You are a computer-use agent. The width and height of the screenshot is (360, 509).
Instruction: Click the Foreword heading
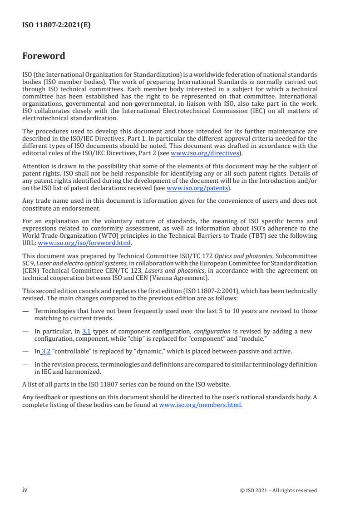point(44,56)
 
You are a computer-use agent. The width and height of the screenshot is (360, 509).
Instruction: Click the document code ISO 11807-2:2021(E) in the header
point(56,25)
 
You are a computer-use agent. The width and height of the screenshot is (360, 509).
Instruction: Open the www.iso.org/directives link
point(205,153)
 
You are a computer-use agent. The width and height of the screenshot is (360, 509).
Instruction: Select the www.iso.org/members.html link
point(200,405)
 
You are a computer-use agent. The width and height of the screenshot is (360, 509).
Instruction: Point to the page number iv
point(25,490)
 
